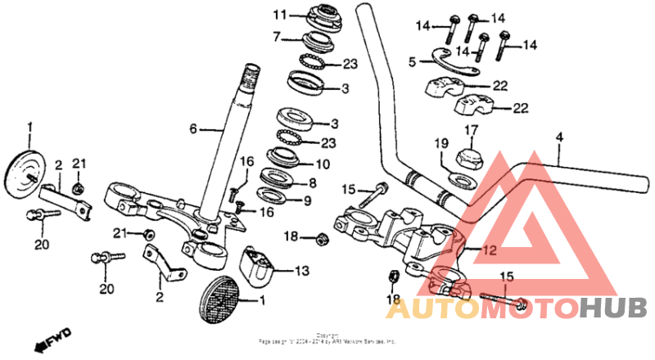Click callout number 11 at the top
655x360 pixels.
pyautogui.click(x=280, y=16)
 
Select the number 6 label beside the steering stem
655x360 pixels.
pyautogui.click(x=193, y=128)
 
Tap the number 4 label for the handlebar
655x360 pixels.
pyautogui.click(x=559, y=137)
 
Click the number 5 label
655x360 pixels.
pyautogui.click(x=413, y=61)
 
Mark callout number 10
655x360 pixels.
pyautogui.click(x=322, y=164)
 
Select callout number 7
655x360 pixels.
pyautogui.click(x=277, y=36)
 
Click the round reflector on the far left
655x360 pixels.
pyautogui.click(x=25, y=169)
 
